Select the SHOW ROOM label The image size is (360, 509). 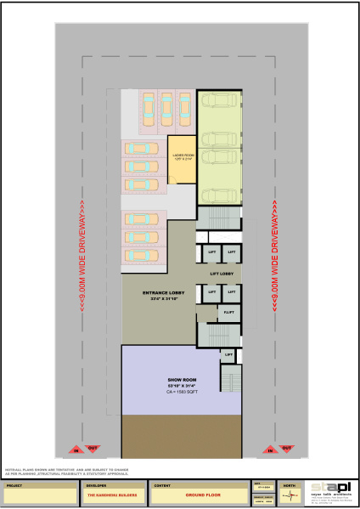183,380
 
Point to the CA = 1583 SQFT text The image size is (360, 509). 183,392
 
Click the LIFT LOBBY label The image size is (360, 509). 221,273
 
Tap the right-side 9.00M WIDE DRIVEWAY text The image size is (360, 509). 276,255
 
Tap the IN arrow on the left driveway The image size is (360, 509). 75,448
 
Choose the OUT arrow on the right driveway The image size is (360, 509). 286,448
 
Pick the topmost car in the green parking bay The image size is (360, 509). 219,104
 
